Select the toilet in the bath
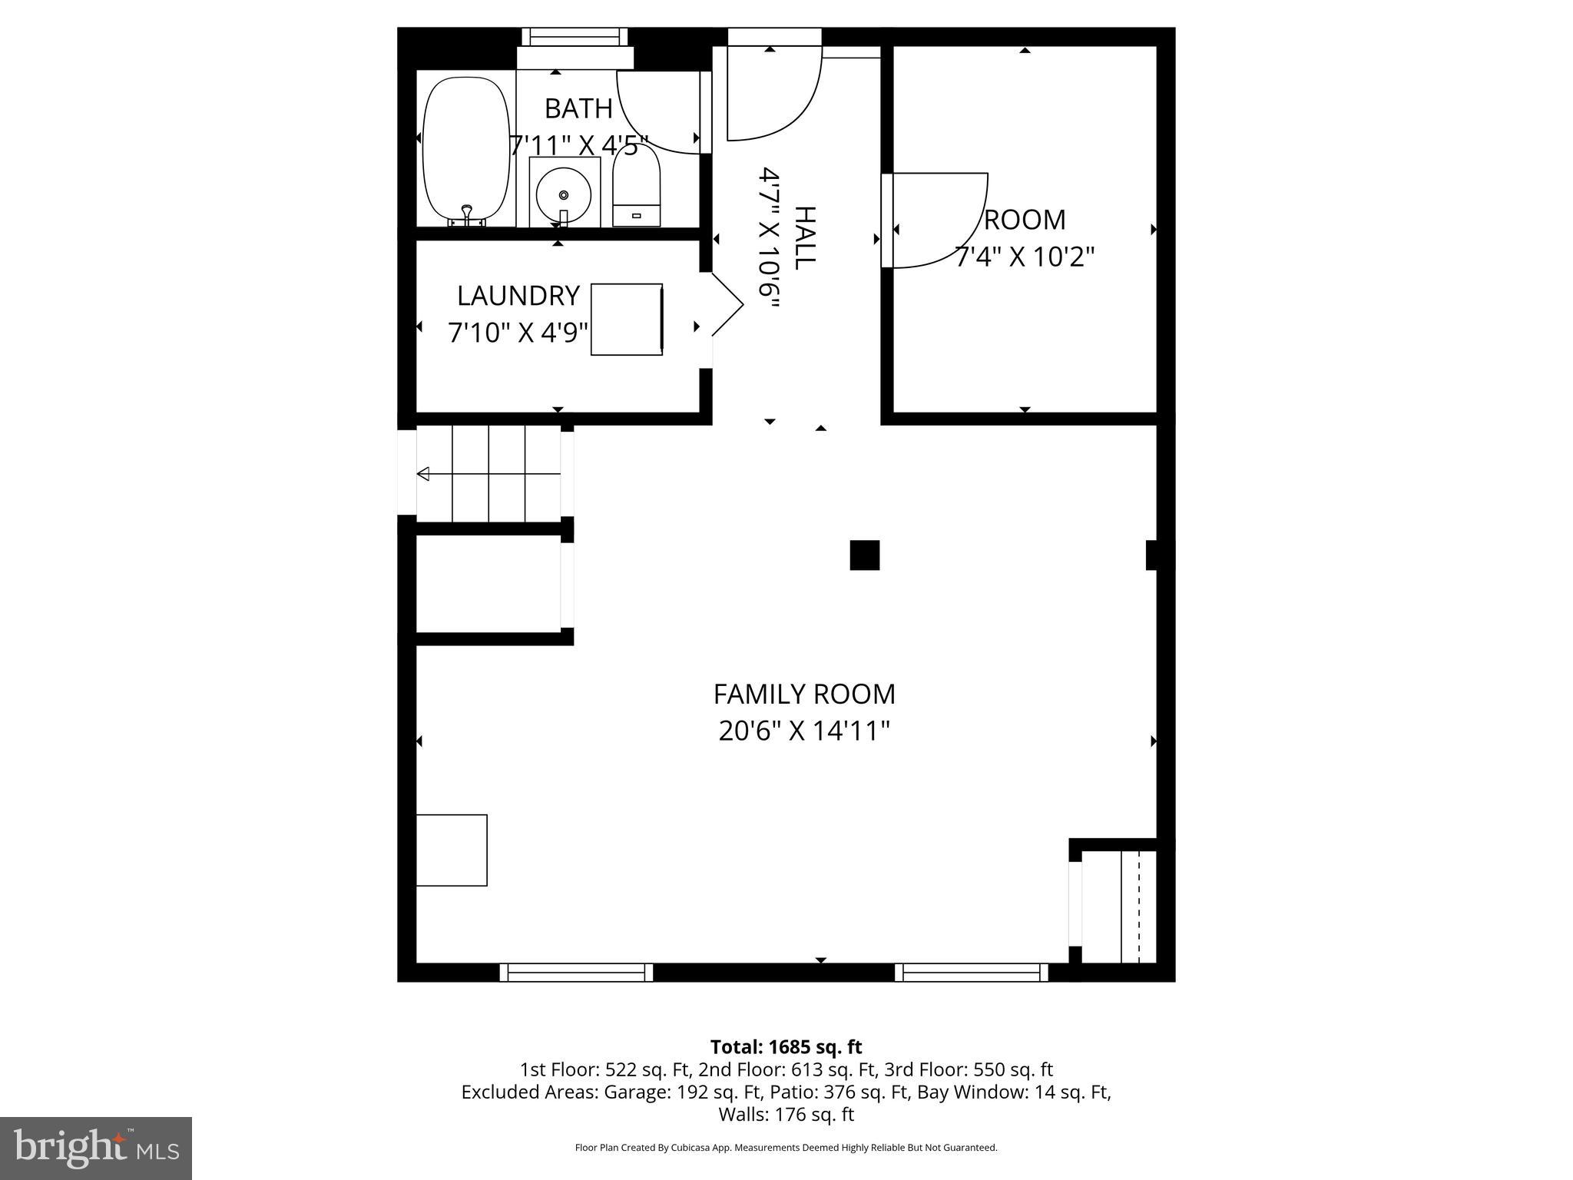click(637, 187)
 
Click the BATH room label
click(578, 109)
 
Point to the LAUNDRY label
click(518, 296)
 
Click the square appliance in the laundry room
click(626, 319)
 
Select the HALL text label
click(803, 238)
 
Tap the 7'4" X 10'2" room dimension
click(1024, 257)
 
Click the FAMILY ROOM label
click(804, 694)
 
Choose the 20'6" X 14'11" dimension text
click(804, 731)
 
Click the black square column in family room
click(864, 555)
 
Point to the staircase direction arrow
click(424, 474)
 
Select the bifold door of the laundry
click(726, 306)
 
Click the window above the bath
click(575, 37)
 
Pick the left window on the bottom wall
click(576, 973)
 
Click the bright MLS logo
click(96, 1149)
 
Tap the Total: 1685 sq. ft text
click(786, 1047)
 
